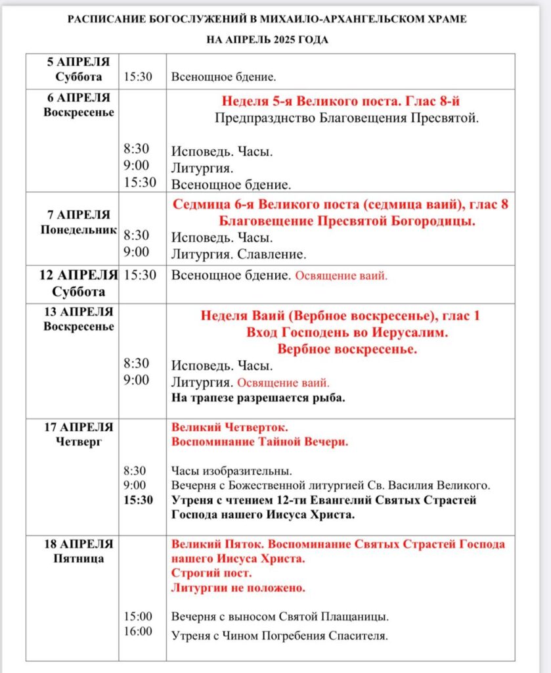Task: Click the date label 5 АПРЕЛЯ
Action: (78, 62)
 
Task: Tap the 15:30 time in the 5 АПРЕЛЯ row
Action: (138, 77)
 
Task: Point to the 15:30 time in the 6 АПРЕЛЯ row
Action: (140, 183)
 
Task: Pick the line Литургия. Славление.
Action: (239, 253)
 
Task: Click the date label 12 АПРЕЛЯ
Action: (78, 275)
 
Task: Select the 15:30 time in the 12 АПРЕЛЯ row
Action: (140, 275)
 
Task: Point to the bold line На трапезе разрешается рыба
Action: (258, 398)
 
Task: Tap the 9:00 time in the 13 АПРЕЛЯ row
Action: (137, 380)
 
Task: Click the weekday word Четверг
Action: (79, 442)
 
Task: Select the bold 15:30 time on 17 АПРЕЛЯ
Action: (138, 500)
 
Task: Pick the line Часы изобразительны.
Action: (231, 471)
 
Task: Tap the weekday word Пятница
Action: (79, 559)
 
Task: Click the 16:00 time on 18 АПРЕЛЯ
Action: (138, 632)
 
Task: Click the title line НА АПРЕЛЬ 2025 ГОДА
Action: (267, 39)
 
